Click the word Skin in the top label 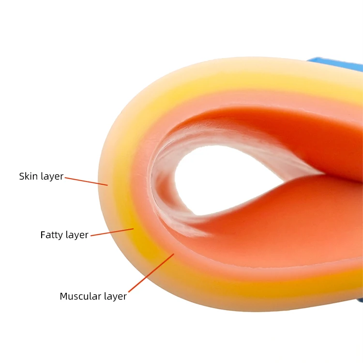[28, 177]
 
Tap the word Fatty [51, 235]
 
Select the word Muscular [80, 296]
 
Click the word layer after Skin [52, 177]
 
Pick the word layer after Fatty [76, 235]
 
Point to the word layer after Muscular [115, 296]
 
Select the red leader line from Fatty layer [112, 232]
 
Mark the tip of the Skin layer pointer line [107, 185]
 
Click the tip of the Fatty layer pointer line [133, 228]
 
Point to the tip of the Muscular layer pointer [173, 254]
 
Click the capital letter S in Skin [22, 177]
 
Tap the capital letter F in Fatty [43, 235]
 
